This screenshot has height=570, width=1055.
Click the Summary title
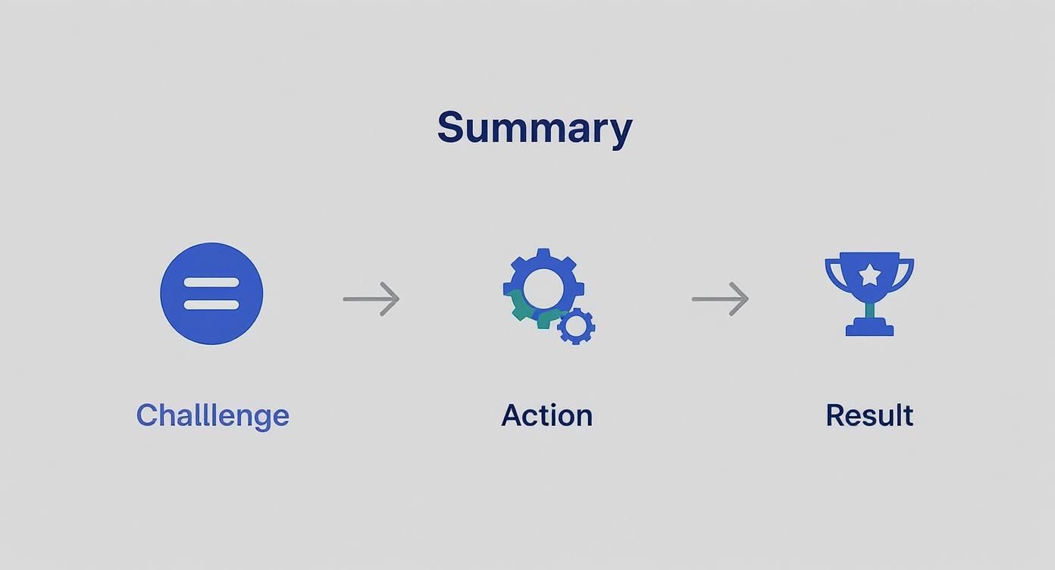[x=534, y=127]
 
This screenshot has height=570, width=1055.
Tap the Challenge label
[x=212, y=415]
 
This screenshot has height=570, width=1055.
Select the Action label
[x=546, y=415]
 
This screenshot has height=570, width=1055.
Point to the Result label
[x=869, y=415]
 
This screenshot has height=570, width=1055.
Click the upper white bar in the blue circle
[x=211, y=283]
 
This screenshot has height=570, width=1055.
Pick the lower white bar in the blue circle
[x=211, y=305]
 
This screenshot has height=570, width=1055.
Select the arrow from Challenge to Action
[x=371, y=299]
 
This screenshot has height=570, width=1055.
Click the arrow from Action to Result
[x=720, y=299]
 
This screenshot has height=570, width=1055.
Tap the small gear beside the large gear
[x=576, y=326]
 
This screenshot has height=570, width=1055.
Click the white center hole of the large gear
[x=543, y=287]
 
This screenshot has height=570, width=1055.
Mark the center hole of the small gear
[x=576, y=326]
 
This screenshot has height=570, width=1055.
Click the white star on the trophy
[x=870, y=274]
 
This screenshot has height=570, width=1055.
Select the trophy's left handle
[x=832, y=273]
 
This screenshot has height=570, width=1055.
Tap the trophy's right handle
[x=906, y=273]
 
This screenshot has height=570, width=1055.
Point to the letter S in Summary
[x=450, y=127]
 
